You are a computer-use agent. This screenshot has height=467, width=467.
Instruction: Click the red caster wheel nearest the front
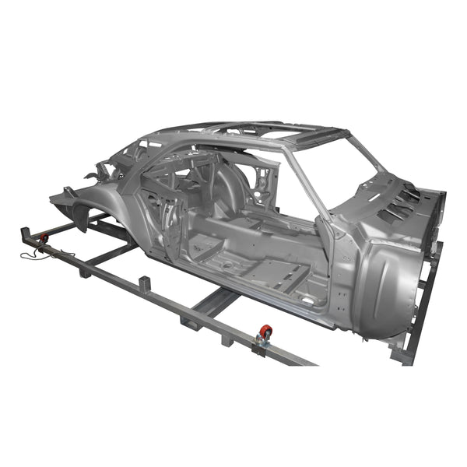point(265,333)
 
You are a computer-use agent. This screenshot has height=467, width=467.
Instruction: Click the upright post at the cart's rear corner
point(23,233)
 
